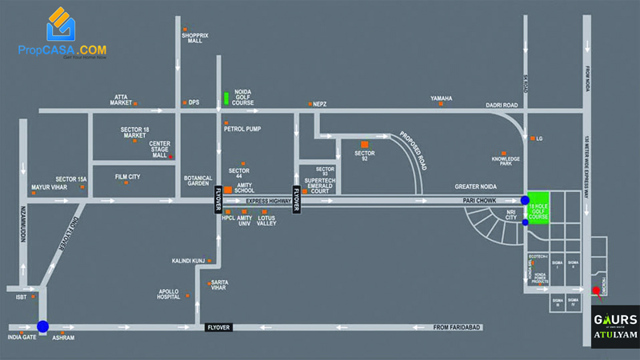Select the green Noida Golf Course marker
point(226,98)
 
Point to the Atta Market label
point(121,99)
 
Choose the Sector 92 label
point(365,154)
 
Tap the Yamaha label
point(442,98)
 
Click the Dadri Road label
point(502,105)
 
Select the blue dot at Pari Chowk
point(525,200)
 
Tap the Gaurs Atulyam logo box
point(614,327)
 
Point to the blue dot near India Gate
point(42,326)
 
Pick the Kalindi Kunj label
point(189,261)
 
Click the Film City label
point(128,176)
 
